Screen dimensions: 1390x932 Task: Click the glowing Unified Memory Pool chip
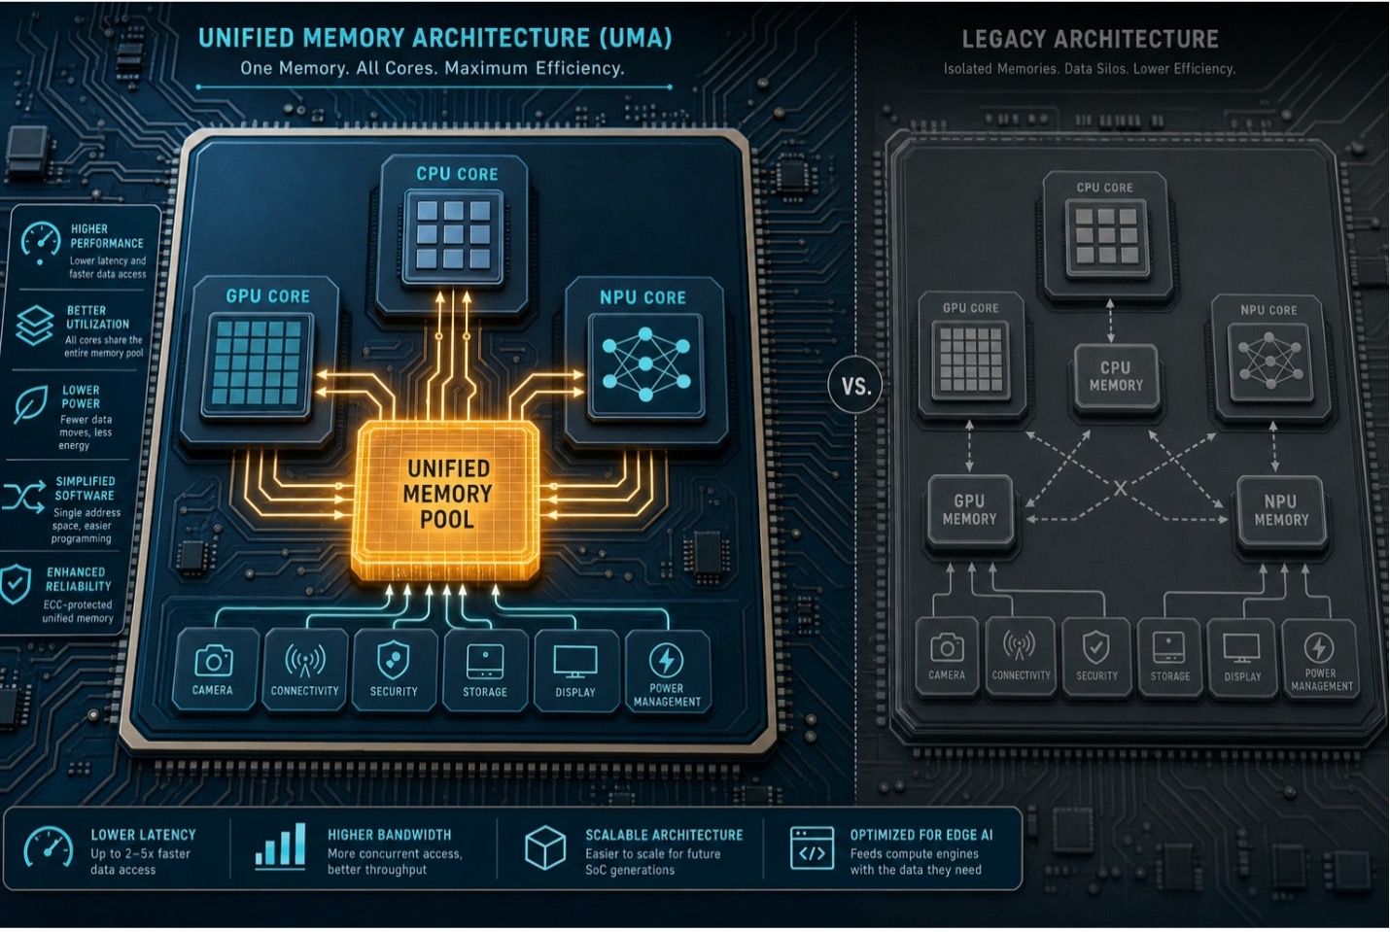pos(445,501)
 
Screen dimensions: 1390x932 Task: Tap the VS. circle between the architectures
pos(856,386)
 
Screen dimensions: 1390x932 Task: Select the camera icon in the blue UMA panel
pos(213,661)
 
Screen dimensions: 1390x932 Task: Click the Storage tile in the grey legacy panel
pos(1169,659)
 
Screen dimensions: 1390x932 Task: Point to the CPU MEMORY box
pos(1116,377)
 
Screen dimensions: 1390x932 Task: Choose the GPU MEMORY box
pos(969,510)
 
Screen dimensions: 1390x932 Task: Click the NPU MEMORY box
pos(1281,510)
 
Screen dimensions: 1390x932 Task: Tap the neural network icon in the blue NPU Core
pos(645,364)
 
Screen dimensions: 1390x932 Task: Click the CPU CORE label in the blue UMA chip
pos(457,174)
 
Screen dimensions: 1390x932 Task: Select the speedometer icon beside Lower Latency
pos(48,847)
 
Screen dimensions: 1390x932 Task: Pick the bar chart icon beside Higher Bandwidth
pos(281,845)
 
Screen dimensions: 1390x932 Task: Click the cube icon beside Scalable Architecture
pos(545,847)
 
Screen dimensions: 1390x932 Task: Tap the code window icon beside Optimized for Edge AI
pos(812,848)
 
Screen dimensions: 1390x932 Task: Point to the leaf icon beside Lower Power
pos(31,404)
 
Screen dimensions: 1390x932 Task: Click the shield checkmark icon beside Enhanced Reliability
pos(15,583)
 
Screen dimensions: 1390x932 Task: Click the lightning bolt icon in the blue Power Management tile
pos(666,660)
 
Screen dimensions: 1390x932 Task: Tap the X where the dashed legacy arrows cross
pos(1120,488)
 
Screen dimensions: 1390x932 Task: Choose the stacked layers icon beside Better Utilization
pos(34,325)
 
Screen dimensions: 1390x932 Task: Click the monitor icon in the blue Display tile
pos(575,662)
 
